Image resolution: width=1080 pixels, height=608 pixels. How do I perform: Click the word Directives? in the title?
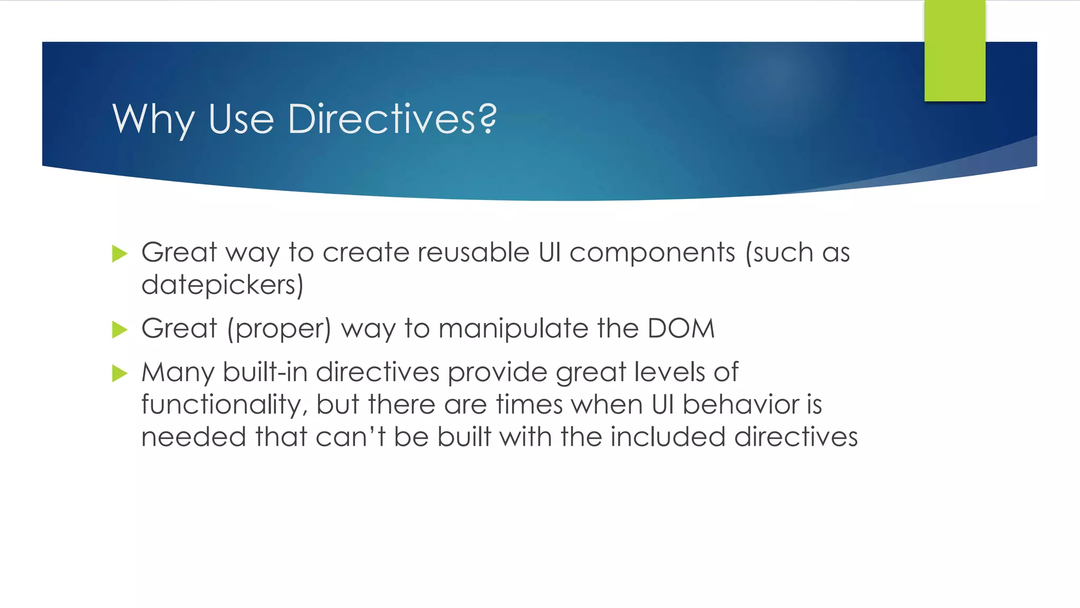pos(392,119)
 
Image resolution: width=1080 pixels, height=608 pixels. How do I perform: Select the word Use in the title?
pos(241,119)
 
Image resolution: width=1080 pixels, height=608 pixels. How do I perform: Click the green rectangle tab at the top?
pos(954,51)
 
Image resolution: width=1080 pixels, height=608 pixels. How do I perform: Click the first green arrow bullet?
pos(120,254)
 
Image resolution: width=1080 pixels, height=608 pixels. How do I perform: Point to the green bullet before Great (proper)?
pos(120,330)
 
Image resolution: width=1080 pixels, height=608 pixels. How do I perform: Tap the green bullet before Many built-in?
pos(120,374)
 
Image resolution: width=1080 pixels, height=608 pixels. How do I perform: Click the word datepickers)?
pos(223,286)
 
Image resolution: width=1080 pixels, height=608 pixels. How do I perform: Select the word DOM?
pos(681,329)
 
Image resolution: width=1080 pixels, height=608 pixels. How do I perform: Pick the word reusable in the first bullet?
pos(473,252)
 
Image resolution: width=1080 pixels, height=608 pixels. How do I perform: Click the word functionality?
pos(225,405)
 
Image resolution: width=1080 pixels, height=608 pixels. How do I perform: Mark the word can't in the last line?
pos(350,437)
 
